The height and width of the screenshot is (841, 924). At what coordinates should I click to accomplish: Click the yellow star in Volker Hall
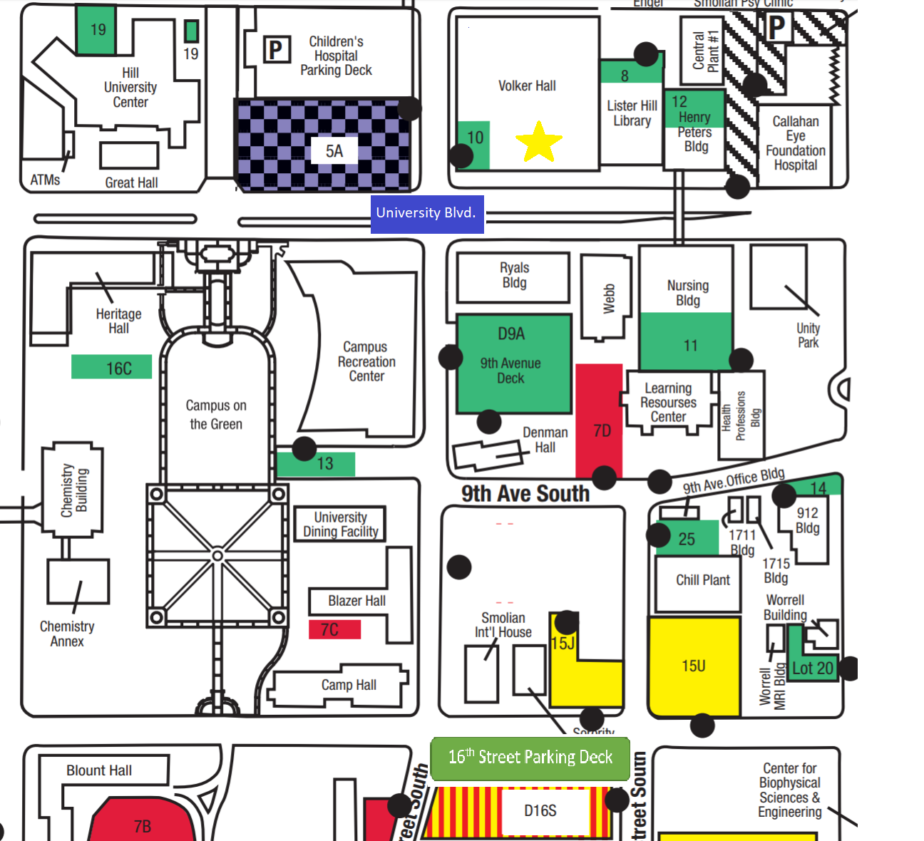click(539, 141)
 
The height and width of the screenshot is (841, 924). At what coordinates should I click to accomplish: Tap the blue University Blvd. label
click(427, 214)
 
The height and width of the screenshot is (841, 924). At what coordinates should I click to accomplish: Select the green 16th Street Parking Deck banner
click(530, 758)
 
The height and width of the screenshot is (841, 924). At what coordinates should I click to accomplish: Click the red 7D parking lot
click(600, 420)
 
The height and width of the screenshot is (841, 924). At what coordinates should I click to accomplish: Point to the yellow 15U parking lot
click(694, 666)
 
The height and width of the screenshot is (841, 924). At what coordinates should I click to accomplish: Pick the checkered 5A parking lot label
click(334, 151)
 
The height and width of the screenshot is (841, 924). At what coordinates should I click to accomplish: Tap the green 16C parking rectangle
click(112, 368)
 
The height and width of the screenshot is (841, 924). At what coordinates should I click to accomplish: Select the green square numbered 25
click(687, 540)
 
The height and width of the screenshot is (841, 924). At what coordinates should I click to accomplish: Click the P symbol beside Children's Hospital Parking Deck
click(277, 49)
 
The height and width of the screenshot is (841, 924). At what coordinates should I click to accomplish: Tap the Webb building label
click(608, 299)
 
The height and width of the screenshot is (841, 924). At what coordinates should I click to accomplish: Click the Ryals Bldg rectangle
click(513, 277)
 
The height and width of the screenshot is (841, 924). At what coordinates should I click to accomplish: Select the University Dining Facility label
click(340, 525)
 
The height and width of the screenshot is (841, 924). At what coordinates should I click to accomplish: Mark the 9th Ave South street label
click(525, 493)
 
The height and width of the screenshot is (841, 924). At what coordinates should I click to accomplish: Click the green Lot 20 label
click(812, 669)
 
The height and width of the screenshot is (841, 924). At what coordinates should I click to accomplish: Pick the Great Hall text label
click(131, 182)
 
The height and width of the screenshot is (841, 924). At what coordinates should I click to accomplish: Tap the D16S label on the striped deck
click(540, 811)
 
